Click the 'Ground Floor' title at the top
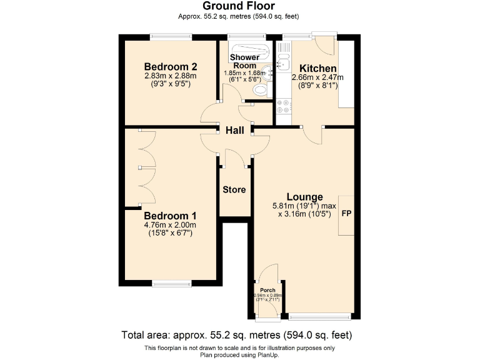239,6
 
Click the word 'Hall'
234,131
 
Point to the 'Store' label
234,189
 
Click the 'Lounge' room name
304,197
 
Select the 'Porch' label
269,289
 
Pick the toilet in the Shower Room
261,91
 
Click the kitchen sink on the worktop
282,63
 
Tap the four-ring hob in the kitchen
283,107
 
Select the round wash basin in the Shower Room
269,71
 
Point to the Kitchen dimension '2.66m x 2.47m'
317,77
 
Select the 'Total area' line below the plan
239,334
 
